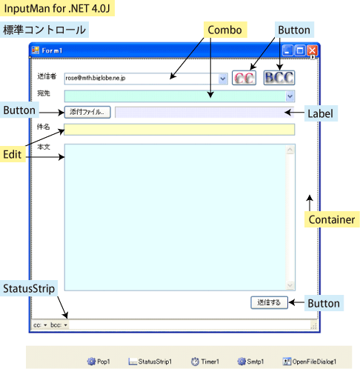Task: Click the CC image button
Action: tap(244, 78)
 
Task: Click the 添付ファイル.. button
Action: tap(87, 112)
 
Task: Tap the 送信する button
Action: tap(269, 302)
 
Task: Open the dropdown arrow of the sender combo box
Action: tap(223, 79)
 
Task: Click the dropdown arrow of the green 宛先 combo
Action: tap(290, 96)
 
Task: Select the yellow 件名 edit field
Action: tap(179, 130)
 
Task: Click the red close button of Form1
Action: tap(313, 50)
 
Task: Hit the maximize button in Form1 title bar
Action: tap(300, 50)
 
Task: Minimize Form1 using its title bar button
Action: tap(287, 50)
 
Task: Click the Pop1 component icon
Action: tap(91, 362)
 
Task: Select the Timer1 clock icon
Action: tap(195, 362)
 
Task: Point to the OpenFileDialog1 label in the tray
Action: tap(314, 362)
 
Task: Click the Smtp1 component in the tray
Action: tap(250, 362)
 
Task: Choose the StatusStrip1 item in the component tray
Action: tap(150, 362)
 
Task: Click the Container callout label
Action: tap(332, 219)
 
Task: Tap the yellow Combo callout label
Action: tap(225, 30)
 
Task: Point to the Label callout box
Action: tap(321, 113)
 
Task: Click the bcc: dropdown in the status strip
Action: tap(59, 325)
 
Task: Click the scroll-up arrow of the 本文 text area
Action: tap(290, 150)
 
